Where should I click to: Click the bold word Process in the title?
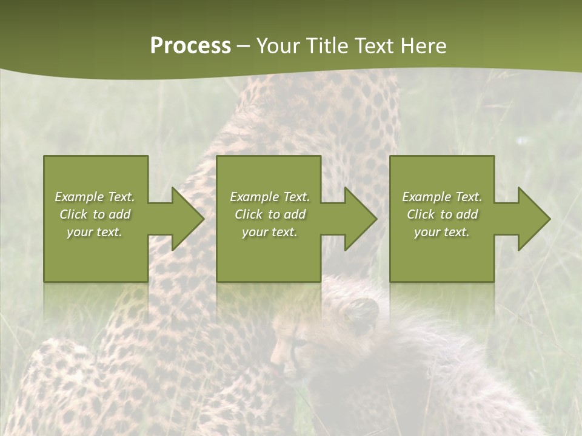[190, 46]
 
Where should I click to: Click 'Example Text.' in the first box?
[95, 197]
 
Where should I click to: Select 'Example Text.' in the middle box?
[269, 197]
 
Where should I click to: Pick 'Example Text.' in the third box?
[442, 197]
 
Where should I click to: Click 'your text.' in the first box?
[95, 232]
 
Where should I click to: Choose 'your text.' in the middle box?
[269, 232]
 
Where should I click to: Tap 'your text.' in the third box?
[442, 232]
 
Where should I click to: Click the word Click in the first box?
[73, 214]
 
